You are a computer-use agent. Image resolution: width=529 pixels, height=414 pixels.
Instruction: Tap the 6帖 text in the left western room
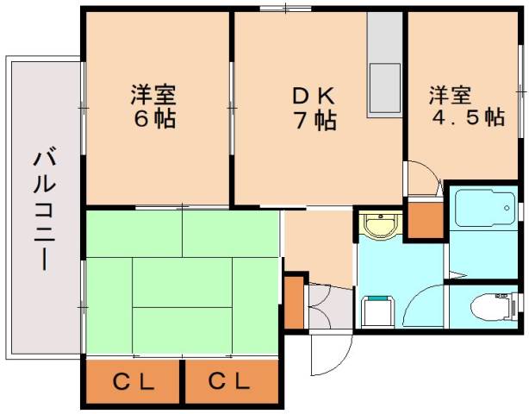[x=154, y=118]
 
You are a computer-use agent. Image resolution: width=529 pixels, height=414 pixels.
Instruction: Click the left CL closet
[x=134, y=379]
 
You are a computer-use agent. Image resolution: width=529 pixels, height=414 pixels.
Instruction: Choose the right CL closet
[x=231, y=379]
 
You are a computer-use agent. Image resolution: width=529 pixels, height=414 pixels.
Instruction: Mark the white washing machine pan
[x=377, y=310]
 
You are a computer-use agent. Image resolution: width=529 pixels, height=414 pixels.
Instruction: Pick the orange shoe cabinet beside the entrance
[x=294, y=301]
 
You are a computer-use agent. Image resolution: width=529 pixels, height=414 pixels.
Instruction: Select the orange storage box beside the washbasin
[x=423, y=219]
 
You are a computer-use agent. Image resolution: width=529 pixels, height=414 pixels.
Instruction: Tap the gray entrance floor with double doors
[x=329, y=306]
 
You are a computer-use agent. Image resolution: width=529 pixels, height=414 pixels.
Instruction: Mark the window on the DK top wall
[x=283, y=9]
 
